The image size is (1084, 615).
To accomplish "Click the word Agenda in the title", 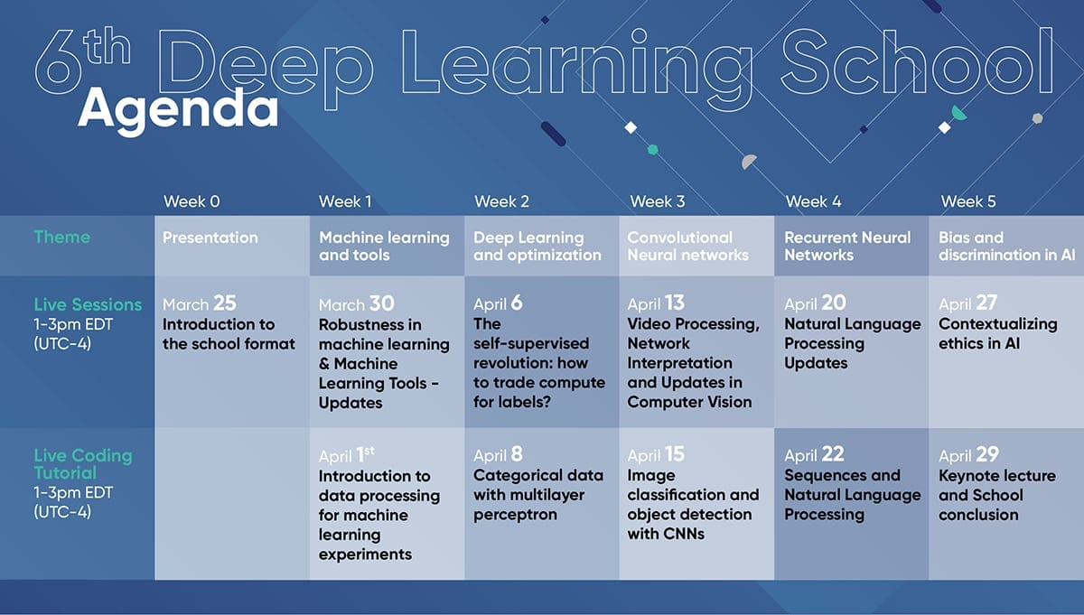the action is click(178, 110).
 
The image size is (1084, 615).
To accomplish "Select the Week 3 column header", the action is click(658, 201).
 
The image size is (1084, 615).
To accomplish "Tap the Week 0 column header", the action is click(192, 201).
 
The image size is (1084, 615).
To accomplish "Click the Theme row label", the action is click(62, 238).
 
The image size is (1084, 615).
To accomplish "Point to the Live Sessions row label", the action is click(88, 304).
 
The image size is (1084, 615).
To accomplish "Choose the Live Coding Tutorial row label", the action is click(83, 464).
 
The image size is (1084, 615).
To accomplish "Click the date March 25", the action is click(200, 303).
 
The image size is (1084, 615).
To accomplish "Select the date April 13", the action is click(656, 303).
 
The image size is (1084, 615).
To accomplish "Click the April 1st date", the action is click(347, 455).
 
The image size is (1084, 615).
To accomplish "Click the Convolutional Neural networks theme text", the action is click(687, 246).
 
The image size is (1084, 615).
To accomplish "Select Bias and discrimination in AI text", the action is click(1006, 246).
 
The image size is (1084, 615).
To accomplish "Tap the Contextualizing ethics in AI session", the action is click(998, 333).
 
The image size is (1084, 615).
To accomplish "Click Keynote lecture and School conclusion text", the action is click(997, 495).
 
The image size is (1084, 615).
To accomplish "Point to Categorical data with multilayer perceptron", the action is click(538, 495).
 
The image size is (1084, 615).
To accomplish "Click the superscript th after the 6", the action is click(107, 46).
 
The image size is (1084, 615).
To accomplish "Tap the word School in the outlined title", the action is click(917, 61).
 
